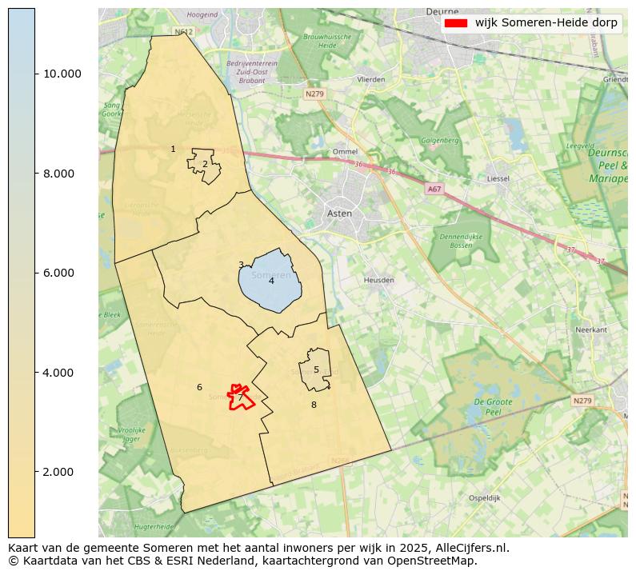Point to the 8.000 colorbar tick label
[x=62, y=174]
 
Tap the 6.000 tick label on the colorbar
[x=62, y=273]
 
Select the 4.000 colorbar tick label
[x=62, y=373]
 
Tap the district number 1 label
[x=173, y=149]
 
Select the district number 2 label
[x=205, y=164]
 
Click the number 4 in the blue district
[x=271, y=281]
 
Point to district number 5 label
[x=316, y=369]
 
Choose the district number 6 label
[x=199, y=387]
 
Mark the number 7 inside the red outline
[x=240, y=397]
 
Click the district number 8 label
[x=314, y=405]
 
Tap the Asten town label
[x=339, y=214]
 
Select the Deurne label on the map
[x=442, y=12]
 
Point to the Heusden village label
[x=379, y=281]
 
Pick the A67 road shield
[x=434, y=190]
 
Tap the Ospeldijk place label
[x=484, y=497]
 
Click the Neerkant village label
[x=591, y=329]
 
